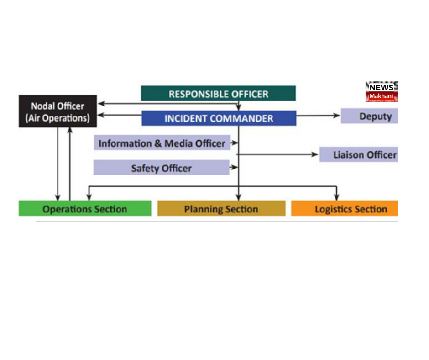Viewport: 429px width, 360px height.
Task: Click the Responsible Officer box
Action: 218,94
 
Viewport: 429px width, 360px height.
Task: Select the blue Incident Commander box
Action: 219,118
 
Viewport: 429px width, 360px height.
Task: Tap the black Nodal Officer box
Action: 58,111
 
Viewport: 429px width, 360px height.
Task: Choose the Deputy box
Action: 369,116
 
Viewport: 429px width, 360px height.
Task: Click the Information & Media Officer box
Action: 162,143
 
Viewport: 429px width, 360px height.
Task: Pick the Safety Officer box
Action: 161,168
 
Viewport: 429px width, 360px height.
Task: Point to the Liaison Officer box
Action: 358,155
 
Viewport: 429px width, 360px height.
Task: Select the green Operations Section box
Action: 84,209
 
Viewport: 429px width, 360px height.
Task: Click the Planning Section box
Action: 221,209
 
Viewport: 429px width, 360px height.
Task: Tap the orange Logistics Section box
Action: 345,209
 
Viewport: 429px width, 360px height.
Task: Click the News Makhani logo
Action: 382,91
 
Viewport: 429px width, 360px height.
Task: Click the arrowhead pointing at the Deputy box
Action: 338,116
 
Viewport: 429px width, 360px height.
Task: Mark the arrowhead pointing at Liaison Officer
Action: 315,154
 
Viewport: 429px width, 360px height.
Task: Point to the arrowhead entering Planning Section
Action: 238,197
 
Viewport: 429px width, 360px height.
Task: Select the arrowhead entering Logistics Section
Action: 337,197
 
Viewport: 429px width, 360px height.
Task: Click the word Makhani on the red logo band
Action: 382,96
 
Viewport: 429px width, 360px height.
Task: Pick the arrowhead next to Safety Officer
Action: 235,168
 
